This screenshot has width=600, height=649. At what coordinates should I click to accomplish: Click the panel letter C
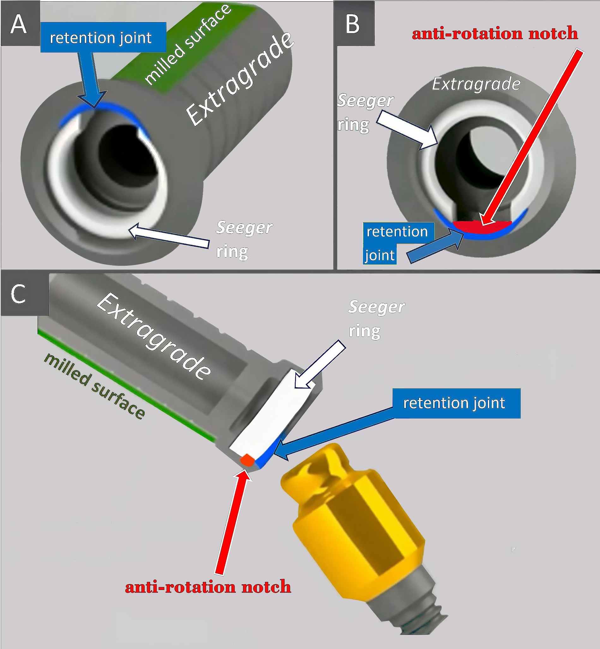pos(18,294)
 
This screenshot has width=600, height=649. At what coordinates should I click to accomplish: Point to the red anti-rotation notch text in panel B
pos(495,34)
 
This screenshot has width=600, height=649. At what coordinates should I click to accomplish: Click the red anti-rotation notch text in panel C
pos(208,587)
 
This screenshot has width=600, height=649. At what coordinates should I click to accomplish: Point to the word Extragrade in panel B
pos(476,84)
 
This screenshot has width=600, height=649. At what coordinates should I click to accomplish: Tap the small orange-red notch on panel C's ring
pos(247,460)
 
